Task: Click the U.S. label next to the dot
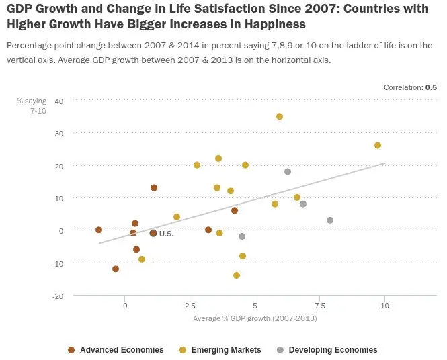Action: click(x=166, y=234)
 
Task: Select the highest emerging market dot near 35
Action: click(x=280, y=116)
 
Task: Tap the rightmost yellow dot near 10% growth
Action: click(x=378, y=146)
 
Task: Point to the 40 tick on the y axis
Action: click(x=58, y=101)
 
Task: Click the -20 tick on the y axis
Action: click(x=58, y=296)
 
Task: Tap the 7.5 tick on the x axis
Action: click(x=319, y=306)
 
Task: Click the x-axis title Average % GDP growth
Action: click(x=255, y=318)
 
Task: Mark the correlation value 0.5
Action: click(x=431, y=87)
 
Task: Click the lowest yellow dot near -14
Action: click(x=237, y=275)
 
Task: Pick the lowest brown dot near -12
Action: click(x=116, y=269)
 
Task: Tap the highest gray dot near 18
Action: click(x=288, y=171)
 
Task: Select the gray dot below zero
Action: click(x=242, y=236)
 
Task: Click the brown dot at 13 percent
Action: click(x=154, y=187)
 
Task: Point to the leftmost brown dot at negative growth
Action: click(x=99, y=230)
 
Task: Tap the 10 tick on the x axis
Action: click(x=384, y=306)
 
